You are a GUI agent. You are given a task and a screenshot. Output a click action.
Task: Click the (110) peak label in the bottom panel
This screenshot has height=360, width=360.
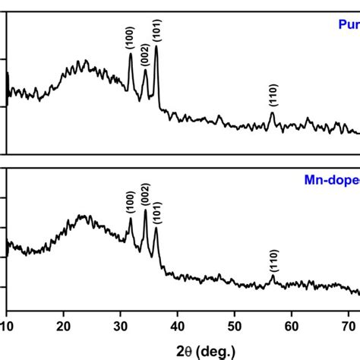point(273,261)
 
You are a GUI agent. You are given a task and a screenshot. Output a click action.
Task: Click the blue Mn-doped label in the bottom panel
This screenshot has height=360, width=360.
point(327,181)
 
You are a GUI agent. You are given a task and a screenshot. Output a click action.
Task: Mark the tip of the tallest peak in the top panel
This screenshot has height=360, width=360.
point(156,46)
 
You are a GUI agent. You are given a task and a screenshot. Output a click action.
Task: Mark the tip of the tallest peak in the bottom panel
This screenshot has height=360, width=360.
point(145,210)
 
